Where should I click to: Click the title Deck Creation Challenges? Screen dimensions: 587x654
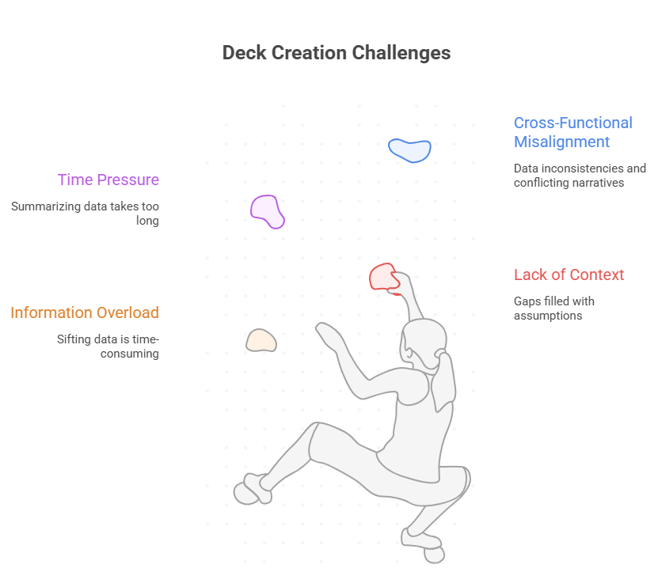pyautogui.click(x=336, y=53)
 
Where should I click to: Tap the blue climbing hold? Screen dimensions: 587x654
pyautogui.click(x=409, y=150)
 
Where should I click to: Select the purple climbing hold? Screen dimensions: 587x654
pyautogui.click(x=267, y=210)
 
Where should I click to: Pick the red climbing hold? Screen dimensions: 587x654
pyautogui.click(x=384, y=277)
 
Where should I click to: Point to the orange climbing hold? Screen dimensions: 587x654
pyautogui.click(x=260, y=340)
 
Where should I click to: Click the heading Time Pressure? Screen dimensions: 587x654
pyautogui.click(x=108, y=180)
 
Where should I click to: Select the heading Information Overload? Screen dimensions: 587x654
pyautogui.click(x=85, y=312)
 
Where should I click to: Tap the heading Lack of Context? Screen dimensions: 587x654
pyautogui.click(x=568, y=275)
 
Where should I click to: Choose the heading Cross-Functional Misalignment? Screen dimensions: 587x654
pyautogui.click(x=572, y=132)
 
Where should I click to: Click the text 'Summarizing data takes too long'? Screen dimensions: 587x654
pyautogui.click(x=86, y=214)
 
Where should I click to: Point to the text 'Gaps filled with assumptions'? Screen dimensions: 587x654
pyautogui.click(x=553, y=308)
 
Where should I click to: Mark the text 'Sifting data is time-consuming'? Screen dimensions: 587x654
pyautogui.click(x=108, y=347)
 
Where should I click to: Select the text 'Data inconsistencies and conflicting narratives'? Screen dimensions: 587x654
pyautogui.click(x=580, y=176)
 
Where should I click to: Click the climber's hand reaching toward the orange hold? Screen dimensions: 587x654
pyautogui.click(x=325, y=331)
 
